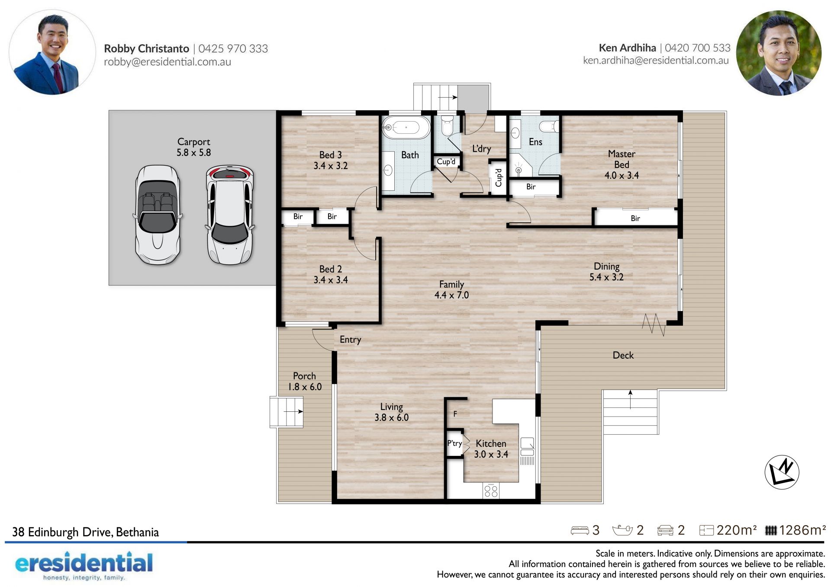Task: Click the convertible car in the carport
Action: pyautogui.click(x=157, y=215)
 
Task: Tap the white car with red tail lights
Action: pyautogui.click(x=230, y=215)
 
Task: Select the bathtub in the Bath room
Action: pyautogui.click(x=406, y=127)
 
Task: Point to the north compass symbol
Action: pyautogui.click(x=782, y=472)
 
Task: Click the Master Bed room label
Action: pyautogui.click(x=622, y=164)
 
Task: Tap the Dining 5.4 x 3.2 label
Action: pyautogui.click(x=606, y=272)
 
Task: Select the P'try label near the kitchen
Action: pyautogui.click(x=454, y=443)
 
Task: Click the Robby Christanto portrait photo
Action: pyautogui.click(x=52, y=52)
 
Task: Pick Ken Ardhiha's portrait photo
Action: pyautogui.click(x=779, y=53)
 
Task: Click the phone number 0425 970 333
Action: pyautogui.click(x=233, y=48)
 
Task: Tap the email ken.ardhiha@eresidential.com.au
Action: pyautogui.click(x=656, y=60)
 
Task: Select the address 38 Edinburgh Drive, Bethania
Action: pyautogui.click(x=85, y=532)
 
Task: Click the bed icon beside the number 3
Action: pyautogui.click(x=580, y=530)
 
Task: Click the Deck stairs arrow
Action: pyautogui.click(x=630, y=399)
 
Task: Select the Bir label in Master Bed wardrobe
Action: pyautogui.click(x=635, y=218)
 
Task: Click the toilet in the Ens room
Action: pyautogui.click(x=549, y=126)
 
